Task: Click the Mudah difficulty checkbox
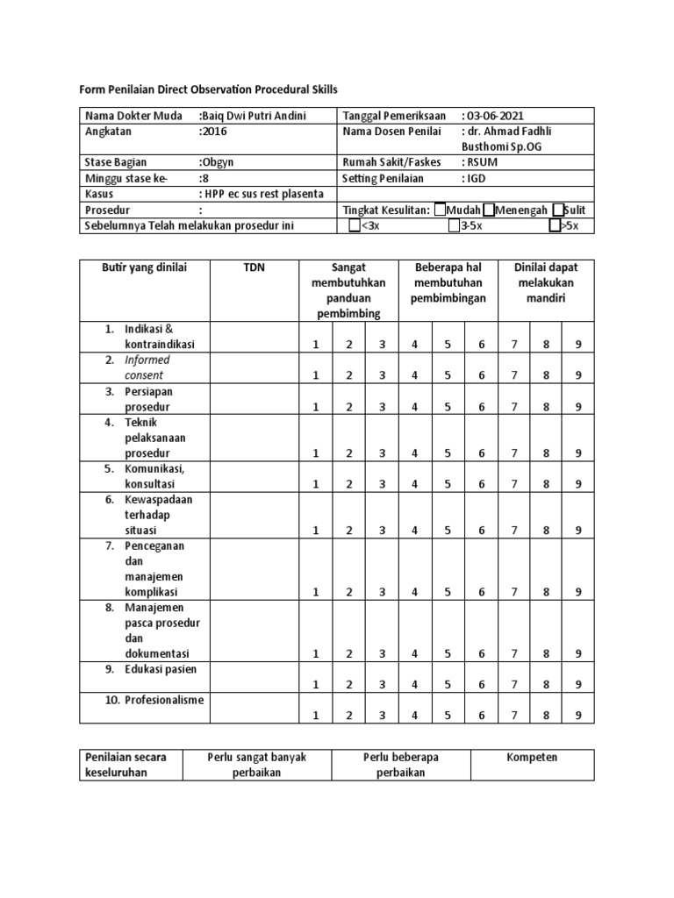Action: coord(440,210)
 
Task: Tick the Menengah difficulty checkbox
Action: coord(489,210)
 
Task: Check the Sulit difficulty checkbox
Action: coord(558,210)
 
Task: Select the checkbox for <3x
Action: coord(354,226)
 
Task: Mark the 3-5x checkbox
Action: coord(453,226)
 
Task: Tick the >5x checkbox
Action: coord(555,226)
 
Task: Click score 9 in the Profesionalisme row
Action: coord(578,716)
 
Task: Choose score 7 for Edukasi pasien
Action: coord(513,685)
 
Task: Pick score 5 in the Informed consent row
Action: coord(448,375)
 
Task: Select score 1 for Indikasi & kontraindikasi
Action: coord(316,345)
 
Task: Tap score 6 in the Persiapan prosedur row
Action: coord(481,407)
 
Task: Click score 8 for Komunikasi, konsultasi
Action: coord(546,484)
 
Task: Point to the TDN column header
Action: coord(254,267)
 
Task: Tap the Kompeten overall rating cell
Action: coord(532,757)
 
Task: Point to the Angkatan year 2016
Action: coord(215,131)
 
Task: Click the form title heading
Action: coord(208,89)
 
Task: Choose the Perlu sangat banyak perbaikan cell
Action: coord(256,765)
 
